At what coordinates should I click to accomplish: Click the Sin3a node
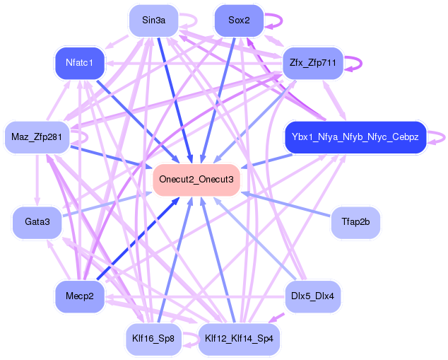(x=153, y=20)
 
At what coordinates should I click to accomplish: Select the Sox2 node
(x=238, y=20)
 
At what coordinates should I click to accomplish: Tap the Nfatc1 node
(x=80, y=63)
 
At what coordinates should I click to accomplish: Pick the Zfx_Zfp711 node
(x=312, y=63)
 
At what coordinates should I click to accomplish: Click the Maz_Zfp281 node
(x=36, y=137)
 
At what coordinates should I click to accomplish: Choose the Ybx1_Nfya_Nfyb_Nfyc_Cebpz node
(x=355, y=137)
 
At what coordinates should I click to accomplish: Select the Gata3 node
(x=37, y=222)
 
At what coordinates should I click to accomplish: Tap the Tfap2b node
(x=355, y=222)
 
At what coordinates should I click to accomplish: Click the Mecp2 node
(x=80, y=296)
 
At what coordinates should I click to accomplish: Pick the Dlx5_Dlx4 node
(x=312, y=296)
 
